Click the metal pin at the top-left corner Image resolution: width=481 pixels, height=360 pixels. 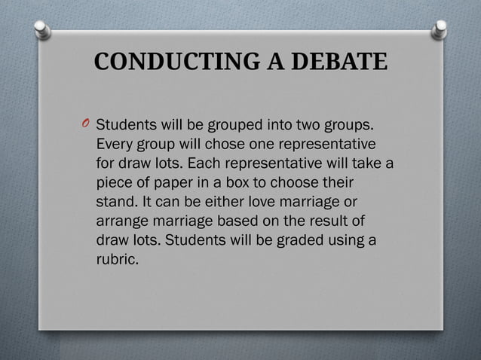point(43,30)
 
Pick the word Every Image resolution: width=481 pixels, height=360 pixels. point(115,143)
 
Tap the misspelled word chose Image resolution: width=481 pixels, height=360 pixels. point(230,143)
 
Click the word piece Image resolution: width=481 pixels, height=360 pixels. point(114,182)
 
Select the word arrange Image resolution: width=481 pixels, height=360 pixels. point(123,221)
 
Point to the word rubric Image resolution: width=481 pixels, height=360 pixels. point(118,261)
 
